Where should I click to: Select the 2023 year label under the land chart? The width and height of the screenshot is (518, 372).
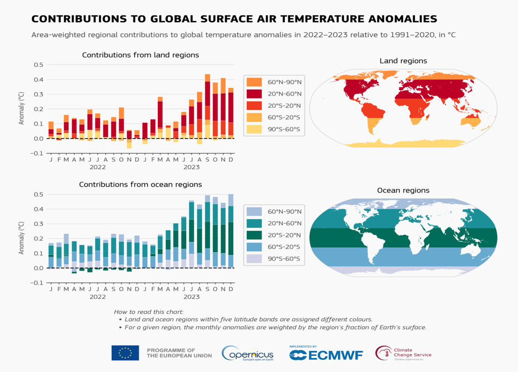pos(191,167)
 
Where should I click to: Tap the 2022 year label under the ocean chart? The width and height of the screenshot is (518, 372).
pos(97,296)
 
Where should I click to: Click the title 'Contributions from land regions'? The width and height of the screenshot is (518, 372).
pos(140,55)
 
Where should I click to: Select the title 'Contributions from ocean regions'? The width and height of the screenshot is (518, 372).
pos(140,184)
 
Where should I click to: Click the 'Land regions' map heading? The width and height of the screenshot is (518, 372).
pos(403,61)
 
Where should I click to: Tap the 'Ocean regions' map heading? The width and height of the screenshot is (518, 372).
pos(403,191)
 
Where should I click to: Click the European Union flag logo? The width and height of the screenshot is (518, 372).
pos(125,353)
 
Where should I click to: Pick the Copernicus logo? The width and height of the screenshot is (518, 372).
pos(247,353)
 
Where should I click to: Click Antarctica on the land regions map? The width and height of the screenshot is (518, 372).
pos(403,144)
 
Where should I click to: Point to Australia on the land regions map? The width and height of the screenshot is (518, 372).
pos(475,121)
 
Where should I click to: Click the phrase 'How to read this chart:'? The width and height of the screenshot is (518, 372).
pos(149,312)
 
